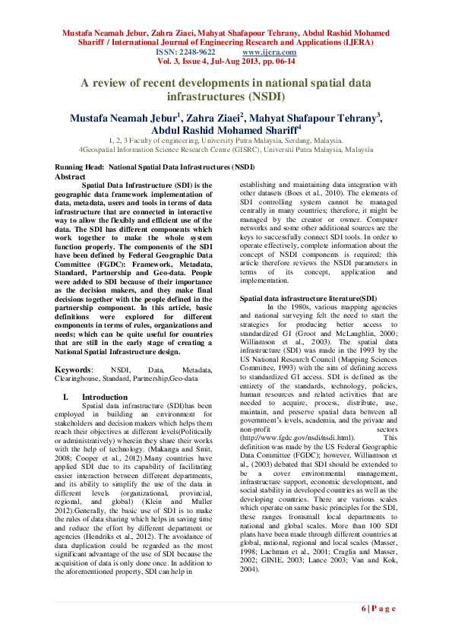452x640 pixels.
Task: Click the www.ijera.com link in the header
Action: pos(265,52)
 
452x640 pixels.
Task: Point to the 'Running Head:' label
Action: pos(81,166)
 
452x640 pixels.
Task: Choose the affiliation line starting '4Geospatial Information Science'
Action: pos(226,150)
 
